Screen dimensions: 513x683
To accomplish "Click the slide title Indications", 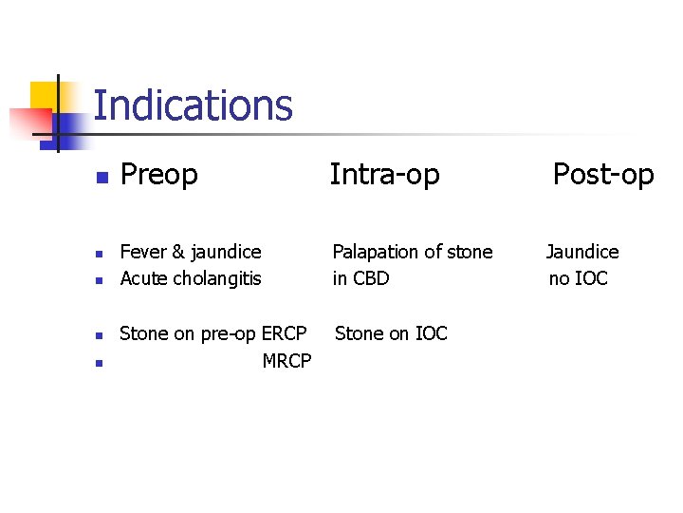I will click(x=194, y=105).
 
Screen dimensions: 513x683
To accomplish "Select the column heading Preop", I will click(x=159, y=175).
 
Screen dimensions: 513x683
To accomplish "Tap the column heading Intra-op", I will click(x=384, y=175).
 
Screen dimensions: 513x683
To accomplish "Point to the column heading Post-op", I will click(x=603, y=175).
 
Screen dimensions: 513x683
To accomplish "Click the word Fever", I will click(x=142, y=252).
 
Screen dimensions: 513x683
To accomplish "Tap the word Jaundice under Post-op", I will click(x=582, y=252).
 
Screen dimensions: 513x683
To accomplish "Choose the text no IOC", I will click(x=579, y=278).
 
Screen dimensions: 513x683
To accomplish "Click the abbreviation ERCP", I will click(x=284, y=333).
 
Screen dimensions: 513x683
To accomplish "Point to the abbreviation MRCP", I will click(x=286, y=361).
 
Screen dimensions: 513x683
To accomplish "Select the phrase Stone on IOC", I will click(x=391, y=333).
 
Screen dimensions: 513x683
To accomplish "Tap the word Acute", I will click(x=141, y=278).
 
